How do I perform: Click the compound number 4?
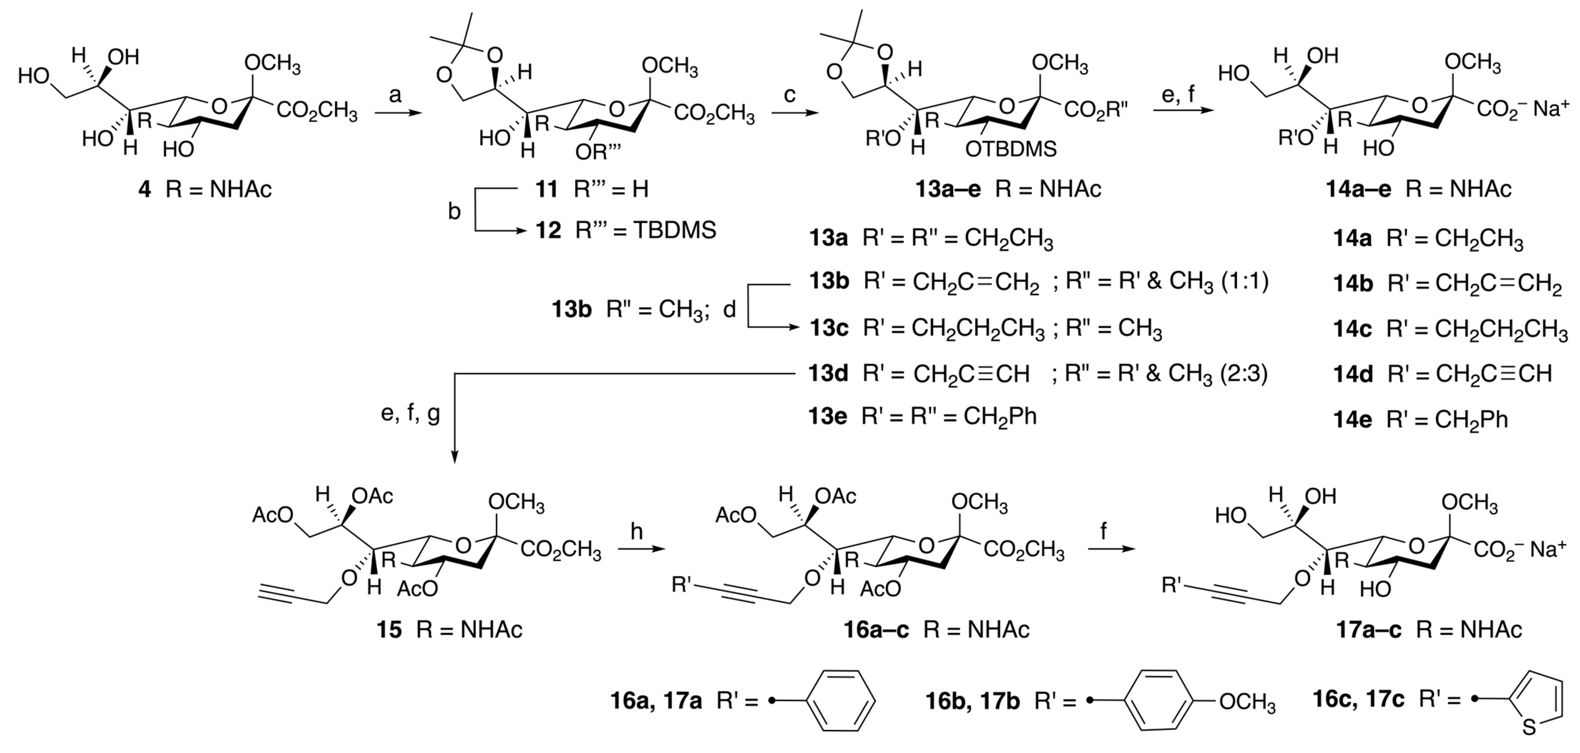[x=145, y=189]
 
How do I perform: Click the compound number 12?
[x=548, y=231]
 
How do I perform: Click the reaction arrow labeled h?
[x=641, y=549]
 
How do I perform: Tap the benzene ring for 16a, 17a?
[x=840, y=700]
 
